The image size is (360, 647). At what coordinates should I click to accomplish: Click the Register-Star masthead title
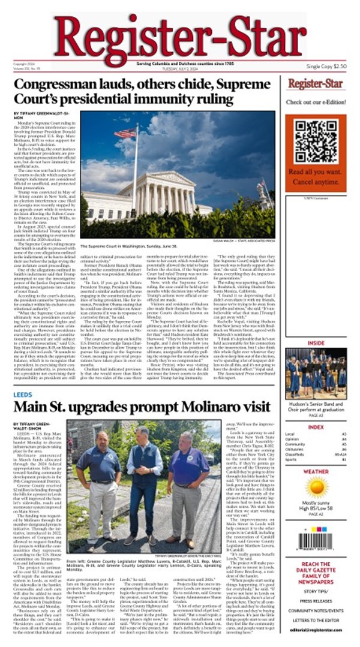click(180, 34)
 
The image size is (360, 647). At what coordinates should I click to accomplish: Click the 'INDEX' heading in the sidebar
click(316, 428)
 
